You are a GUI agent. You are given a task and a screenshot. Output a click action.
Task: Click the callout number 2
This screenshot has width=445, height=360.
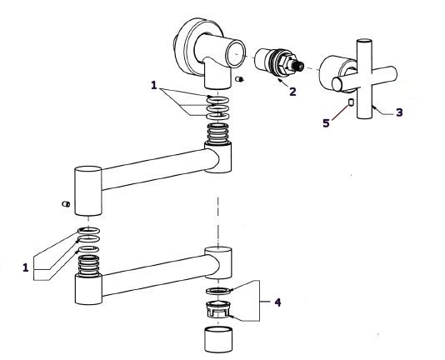click(x=292, y=92)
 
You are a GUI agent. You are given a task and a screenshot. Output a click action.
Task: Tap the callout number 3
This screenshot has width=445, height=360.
click(x=399, y=112)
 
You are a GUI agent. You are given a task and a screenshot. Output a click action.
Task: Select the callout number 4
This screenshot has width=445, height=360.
click(x=277, y=302)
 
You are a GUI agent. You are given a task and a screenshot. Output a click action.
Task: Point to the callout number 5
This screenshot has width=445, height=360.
click(x=326, y=123)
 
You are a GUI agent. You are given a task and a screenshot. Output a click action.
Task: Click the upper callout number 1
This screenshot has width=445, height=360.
click(x=154, y=85)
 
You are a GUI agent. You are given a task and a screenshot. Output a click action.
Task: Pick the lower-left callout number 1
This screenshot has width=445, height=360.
click(x=26, y=267)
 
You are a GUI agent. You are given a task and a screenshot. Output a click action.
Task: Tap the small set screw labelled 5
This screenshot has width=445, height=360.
click(x=351, y=102)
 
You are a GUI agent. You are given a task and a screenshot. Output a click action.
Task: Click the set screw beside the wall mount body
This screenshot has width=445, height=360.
click(x=240, y=79)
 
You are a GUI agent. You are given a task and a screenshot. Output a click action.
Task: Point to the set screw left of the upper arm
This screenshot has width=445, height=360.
click(x=66, y=204)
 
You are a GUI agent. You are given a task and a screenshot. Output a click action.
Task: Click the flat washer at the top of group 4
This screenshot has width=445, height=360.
click(x=217, y=291)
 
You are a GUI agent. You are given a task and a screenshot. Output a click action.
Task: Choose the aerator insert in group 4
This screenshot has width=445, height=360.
click(x=217, y=309)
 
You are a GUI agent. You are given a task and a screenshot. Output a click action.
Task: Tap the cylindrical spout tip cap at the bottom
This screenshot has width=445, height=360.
click(x=218, y=339)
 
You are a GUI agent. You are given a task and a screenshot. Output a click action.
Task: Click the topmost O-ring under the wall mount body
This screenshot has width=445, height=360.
click(x=217, y=100)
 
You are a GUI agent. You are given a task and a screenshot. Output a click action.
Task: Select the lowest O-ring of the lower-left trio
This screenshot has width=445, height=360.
click(x=88, y=249)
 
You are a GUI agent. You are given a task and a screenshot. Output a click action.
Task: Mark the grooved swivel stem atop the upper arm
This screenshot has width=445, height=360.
click(x=218, y=134)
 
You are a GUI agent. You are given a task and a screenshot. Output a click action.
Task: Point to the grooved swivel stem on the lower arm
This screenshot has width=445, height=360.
click(x=88, y=266)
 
